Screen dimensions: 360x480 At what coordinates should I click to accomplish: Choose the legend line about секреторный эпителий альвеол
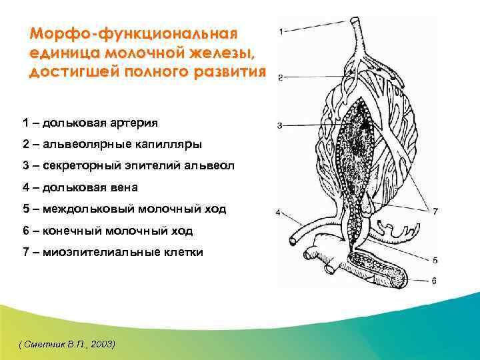pyautogui.click(x=128, y=165)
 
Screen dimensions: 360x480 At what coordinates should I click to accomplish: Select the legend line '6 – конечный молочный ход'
pyautogui.click(x=107, y=231)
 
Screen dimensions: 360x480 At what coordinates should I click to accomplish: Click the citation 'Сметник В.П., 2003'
pyautogui.click(x=67, y=343)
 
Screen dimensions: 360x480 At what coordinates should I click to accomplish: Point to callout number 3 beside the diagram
pyautogui.click(x=281, y=125)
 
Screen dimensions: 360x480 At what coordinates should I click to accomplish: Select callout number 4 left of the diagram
pyautogui.click(x=280, y=214)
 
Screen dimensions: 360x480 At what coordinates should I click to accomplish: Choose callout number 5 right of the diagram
pyautogui.click(x=435, y=260)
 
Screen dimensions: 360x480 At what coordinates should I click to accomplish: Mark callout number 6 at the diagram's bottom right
pyautogui.click(x=435, y=281)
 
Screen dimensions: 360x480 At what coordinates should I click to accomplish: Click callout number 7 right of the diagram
pyautogui.click(x=435, y=211)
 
